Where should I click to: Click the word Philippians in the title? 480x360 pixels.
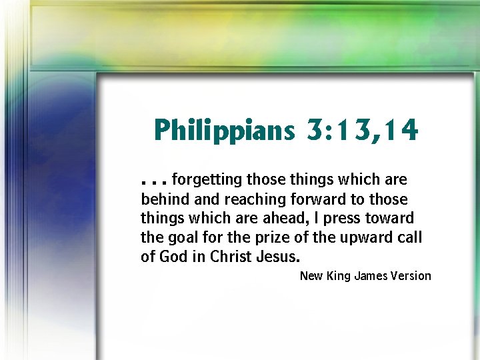click(223, 130)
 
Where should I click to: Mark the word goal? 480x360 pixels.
click(181, 237)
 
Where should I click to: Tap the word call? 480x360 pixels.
click(409, 237)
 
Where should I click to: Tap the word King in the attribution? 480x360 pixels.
click(339, 276)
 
